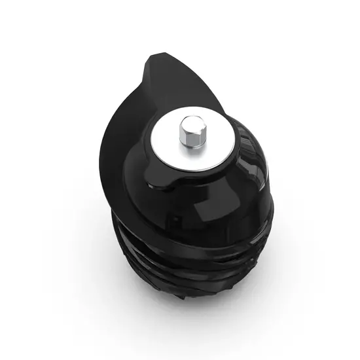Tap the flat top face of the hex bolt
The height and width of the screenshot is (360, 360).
click(x=192, y=122)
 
